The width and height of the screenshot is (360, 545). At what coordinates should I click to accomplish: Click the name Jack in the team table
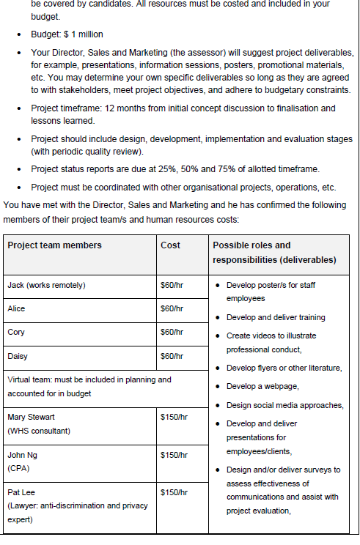coord(16,286)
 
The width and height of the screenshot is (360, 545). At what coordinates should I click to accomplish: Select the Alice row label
coord(16,309)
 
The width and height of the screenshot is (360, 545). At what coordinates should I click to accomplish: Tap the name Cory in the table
coord(16,333)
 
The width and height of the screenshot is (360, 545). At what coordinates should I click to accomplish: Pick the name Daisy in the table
coord(18,356)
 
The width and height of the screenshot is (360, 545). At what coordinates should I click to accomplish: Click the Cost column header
coord(170,245)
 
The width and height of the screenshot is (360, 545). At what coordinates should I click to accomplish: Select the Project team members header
coord(54,245)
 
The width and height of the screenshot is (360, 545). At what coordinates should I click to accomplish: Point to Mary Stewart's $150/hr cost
coord(175,418)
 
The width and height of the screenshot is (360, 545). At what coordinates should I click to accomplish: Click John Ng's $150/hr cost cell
coord(175,456)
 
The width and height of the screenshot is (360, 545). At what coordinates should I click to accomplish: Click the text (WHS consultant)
coord(39,431)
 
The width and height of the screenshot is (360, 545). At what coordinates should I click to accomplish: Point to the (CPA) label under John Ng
coord(18,469)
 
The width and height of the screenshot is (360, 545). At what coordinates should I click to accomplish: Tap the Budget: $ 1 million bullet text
coord(67,34)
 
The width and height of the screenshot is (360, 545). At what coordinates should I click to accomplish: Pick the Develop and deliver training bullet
coord(276,318)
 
